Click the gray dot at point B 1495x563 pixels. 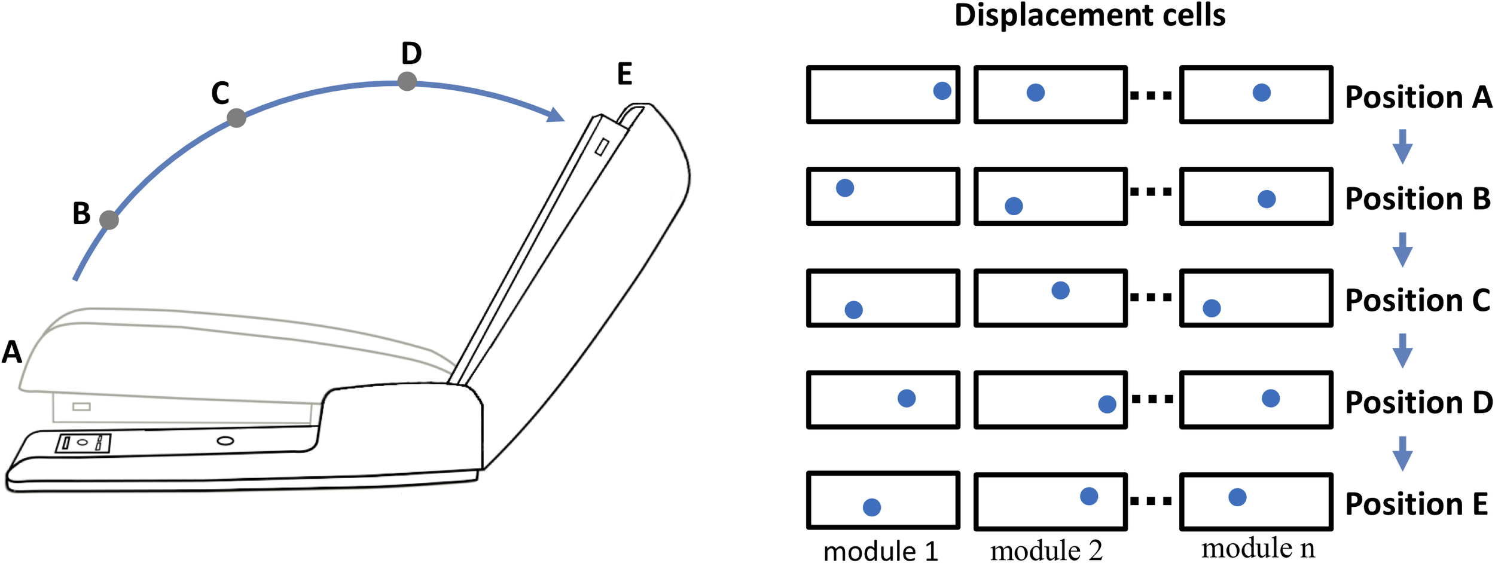[x=109, y=220]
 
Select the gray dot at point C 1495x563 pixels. [x=236, y=118]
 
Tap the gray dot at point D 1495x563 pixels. [x=407, y=81]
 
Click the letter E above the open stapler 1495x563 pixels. [x=624, y=74]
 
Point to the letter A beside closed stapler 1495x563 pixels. [x=12, y=352]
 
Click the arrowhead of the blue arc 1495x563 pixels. [x=556, y=115]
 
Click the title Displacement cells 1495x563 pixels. [x=1090, y=16]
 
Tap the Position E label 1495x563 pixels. [x=1416, y=504]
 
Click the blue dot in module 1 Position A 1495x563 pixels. [x=942, y=91]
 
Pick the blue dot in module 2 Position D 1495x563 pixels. [x=1107, y=404]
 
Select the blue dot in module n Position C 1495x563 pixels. [x=1212, y=308]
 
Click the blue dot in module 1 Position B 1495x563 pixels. [x=844, y=188]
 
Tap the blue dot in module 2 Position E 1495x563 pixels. [x=1089, y=496]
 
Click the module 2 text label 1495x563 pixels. [x=1046, y=550]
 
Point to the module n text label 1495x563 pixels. [x=1258, y=547]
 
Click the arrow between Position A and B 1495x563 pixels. [x=1402, y=146]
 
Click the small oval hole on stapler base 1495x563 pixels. [x=225, y=441]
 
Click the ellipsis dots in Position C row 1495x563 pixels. [x=1151, y=297]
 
